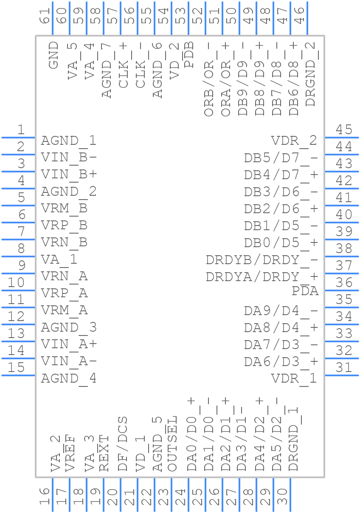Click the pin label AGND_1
(68, 141)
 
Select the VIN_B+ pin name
(69, 175)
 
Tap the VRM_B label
(64, 209)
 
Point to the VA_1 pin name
(59, 259)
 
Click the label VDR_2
(294, 141)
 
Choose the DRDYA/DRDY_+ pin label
(262, 277)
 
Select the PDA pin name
(305, 291)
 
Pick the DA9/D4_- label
(281, 311)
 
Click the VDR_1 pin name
(294, 378)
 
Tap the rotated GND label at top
(53, 55)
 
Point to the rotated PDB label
(189, 55)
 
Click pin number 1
(20, 130)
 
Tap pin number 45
(344, 130)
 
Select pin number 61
(45, 17)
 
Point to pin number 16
(45, 496)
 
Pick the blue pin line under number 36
(342, 290)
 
